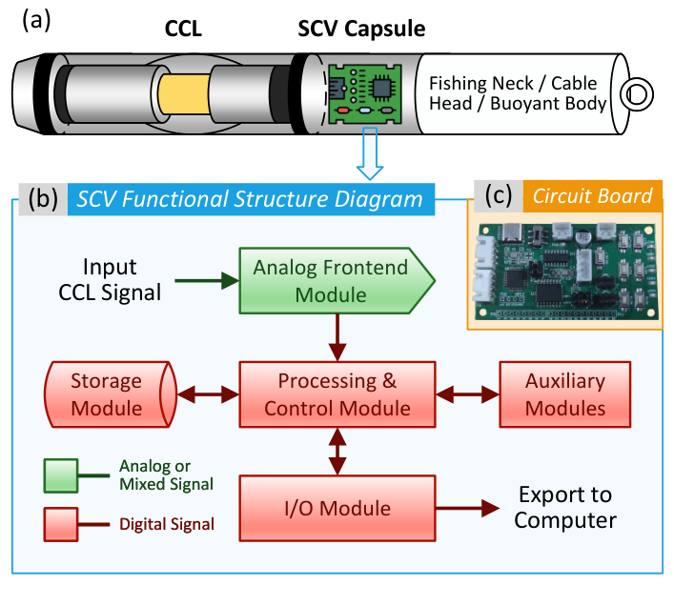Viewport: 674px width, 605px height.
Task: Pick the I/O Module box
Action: click(337, 508)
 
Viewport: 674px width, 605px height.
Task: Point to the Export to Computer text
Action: click(565, 508)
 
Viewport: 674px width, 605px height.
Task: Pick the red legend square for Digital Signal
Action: click(61, 522)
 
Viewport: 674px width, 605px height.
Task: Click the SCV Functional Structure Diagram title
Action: click(251, 198)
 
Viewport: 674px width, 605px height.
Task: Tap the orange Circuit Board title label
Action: click(592, 196)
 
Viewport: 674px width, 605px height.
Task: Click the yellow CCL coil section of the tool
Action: click(185, 96)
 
